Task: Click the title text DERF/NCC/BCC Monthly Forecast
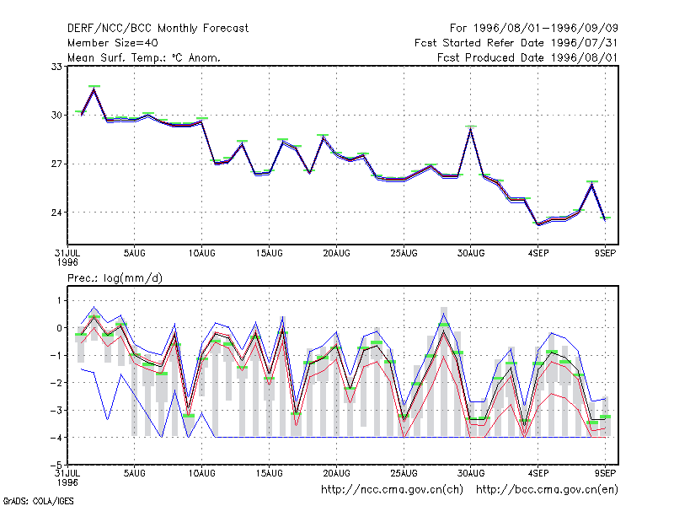[x=158, y=29]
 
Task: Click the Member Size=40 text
[x=113, y=43]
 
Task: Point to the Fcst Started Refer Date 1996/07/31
[x=516, y=43]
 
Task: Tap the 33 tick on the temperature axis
[x=56, y=67]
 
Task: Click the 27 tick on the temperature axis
[x=56, y=164]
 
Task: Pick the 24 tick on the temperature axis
[x=56, y=213]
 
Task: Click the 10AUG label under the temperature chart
[x=201, y=254]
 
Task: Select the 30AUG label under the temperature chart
[x=471, y=254]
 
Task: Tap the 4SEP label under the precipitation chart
[x=538, y=473]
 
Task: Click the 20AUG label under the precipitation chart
[x=336, y=473]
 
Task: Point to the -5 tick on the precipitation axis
[x=55, y=466]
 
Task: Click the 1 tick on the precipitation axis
[x=59, y=300]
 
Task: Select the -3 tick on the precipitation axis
[x=55, y=410]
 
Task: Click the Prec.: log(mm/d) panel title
[x=115, y=278]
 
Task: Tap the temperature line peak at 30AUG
[x=471, y=129]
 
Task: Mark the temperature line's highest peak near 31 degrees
[x=94, y=89]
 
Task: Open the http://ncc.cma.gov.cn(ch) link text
[x=392, y=490]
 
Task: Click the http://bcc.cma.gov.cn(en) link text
[x=547, y=490]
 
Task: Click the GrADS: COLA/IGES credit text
[x=38, y=501]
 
